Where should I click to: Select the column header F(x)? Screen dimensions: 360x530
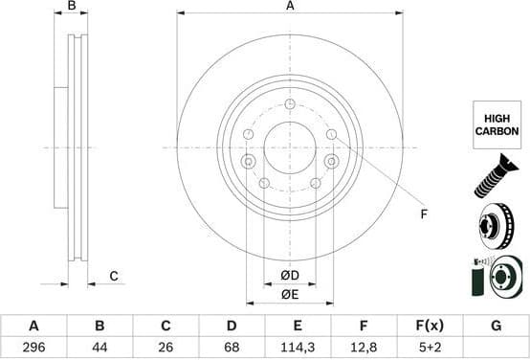[430, 326]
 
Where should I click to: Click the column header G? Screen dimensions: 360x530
[496, 326]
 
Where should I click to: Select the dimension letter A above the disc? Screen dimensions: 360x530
[289, 7]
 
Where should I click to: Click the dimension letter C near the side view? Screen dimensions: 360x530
[113, 277]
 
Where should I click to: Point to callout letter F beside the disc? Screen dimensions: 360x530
[425, 214]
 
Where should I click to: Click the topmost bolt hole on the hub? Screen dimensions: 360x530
[289, 103]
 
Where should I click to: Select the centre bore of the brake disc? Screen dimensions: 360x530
[289, 147]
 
